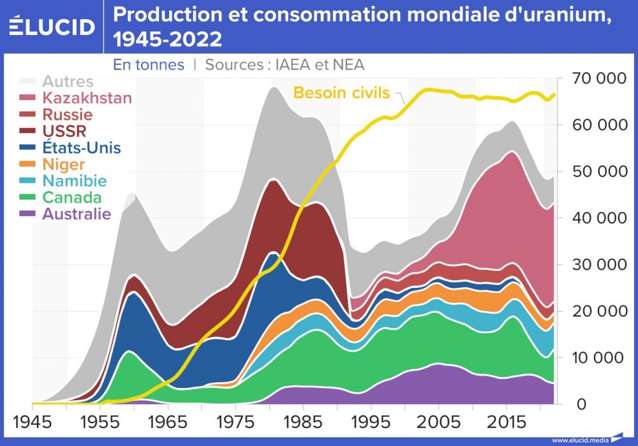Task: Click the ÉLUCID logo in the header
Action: click(x=52, y=26)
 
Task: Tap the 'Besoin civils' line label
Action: click(x=341, y=93)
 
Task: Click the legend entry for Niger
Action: click(x=63, y=164)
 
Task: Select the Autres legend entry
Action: click(x=68, y=82)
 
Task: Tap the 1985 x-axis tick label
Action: click(x=301, y=422)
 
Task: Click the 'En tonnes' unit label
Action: click(x=149, y=64)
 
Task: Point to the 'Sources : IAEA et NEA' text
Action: click(x=285, y=64)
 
